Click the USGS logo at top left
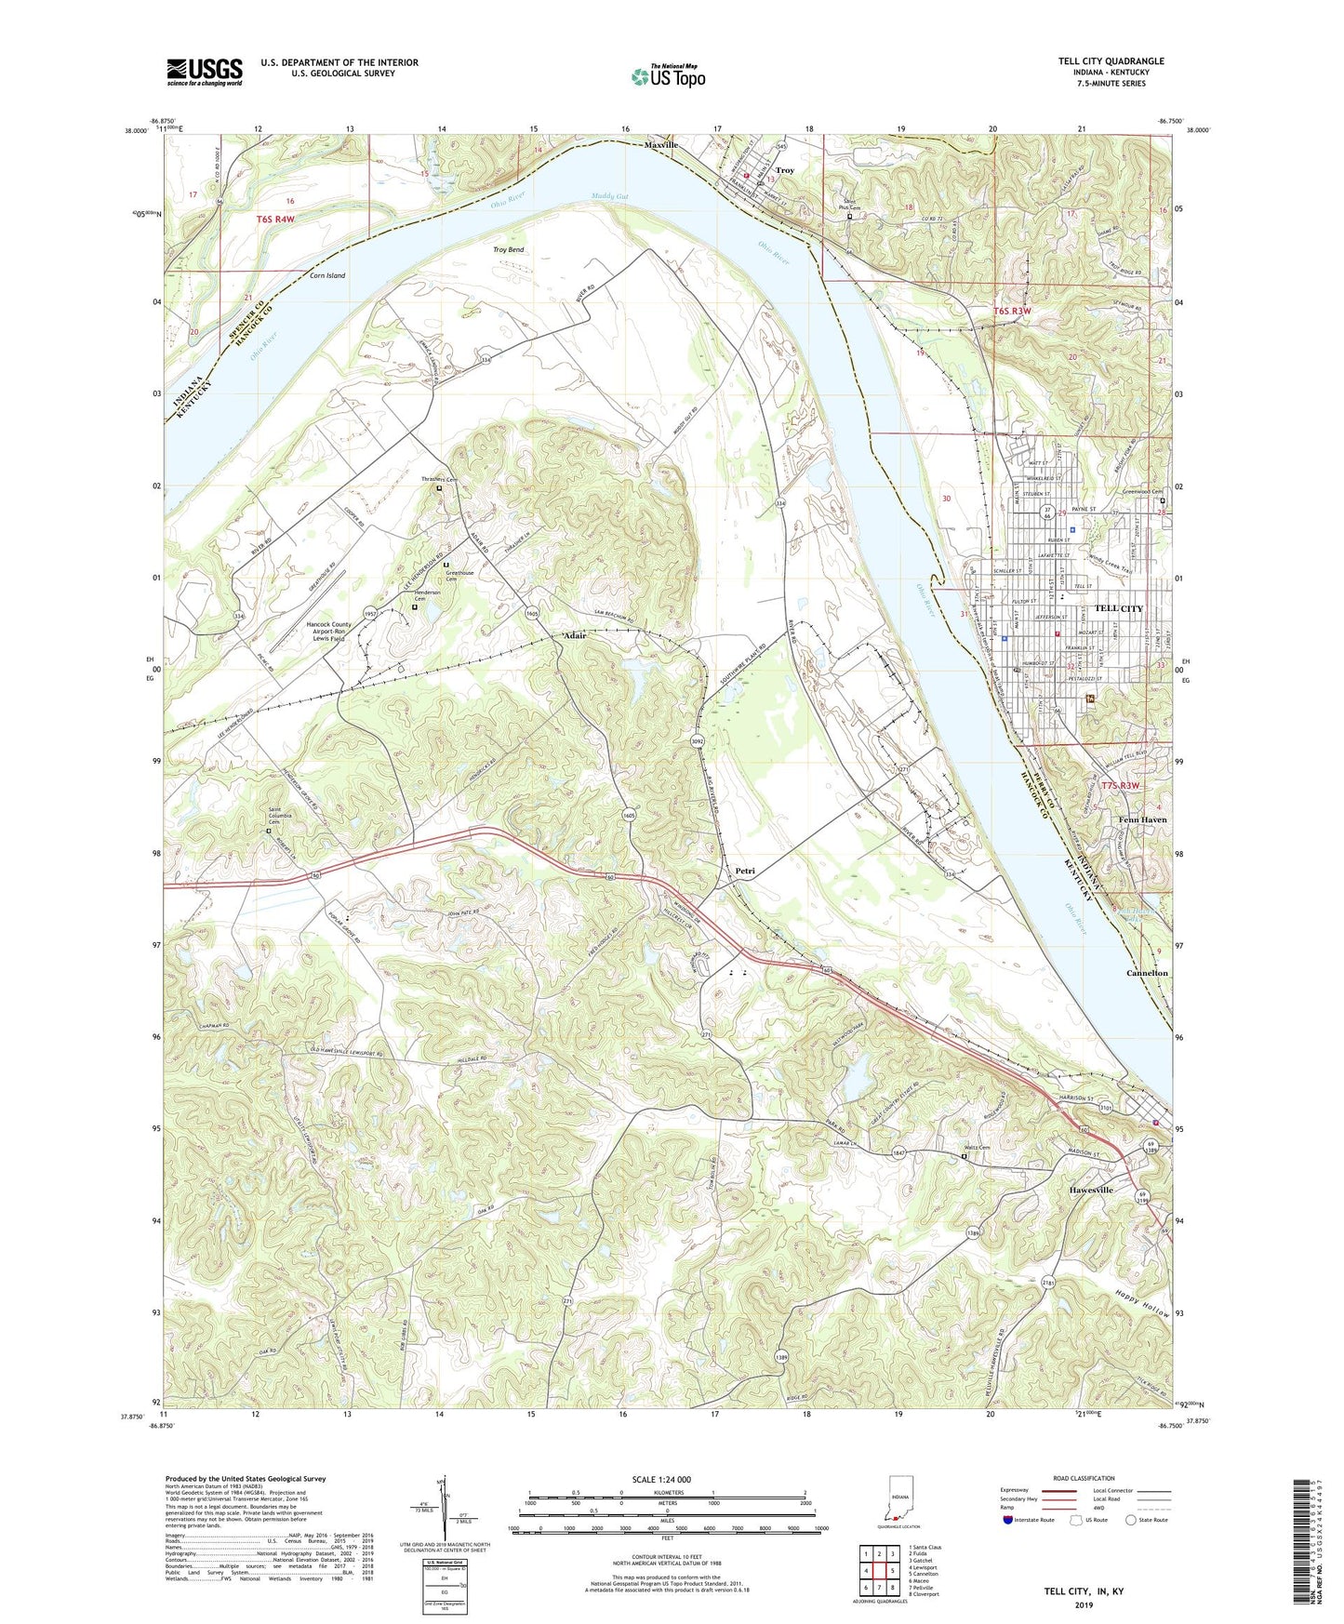205,72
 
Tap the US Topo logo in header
668,76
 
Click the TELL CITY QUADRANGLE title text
1111,61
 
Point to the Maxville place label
661,146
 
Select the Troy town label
785,170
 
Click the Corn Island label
326,275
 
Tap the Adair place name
575,635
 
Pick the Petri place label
745,871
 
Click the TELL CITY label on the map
1118,608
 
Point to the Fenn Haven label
1141,819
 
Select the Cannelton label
1147,973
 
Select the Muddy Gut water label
609,196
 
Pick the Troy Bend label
508,249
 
